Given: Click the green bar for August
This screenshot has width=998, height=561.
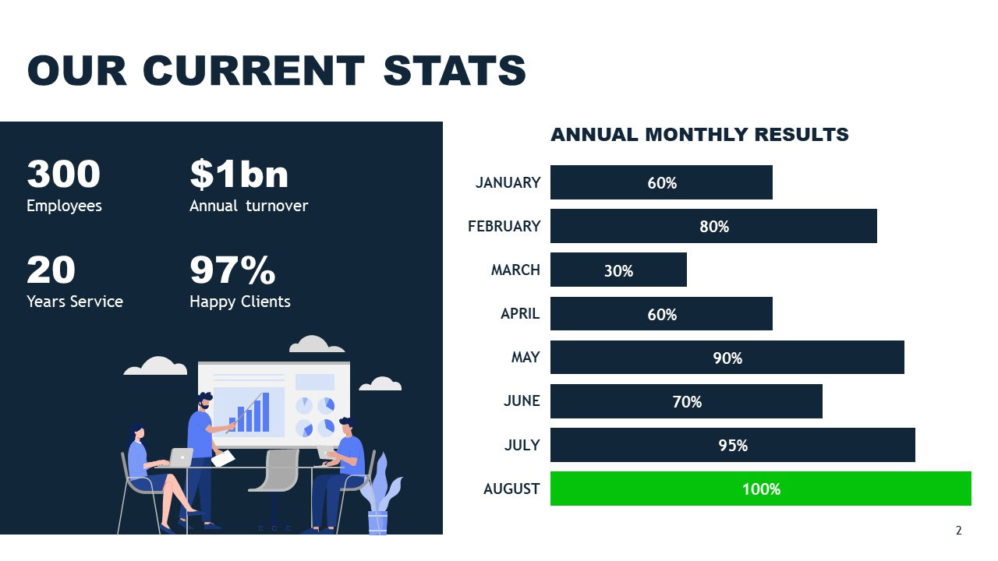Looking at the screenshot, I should [760, 489].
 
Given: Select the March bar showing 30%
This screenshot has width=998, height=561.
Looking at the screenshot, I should [618, 270].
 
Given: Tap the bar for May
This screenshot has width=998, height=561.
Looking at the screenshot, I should [727, 358].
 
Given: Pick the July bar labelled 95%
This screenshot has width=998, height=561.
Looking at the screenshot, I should [732, 445].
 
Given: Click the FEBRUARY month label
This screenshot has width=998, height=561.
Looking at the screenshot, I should [504, 226].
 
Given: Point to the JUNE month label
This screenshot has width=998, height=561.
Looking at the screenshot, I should [522, 400].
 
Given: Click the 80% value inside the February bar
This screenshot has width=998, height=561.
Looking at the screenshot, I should [714, 227].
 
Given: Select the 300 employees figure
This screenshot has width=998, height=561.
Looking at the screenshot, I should [63, 174].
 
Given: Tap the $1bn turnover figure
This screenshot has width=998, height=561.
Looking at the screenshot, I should [239, 174].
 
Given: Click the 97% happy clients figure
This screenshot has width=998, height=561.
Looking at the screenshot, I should [232, 270].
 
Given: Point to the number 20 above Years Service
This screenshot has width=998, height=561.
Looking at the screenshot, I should [51, 270].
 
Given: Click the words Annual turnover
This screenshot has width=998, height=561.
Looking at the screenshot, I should [249, 206].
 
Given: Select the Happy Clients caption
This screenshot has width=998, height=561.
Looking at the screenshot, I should [239, 302].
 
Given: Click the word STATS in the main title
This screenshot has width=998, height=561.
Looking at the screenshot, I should [455, 71].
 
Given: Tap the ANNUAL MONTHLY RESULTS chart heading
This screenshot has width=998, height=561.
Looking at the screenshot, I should [699, 135].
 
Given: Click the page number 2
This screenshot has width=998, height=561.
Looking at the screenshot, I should [959, 531].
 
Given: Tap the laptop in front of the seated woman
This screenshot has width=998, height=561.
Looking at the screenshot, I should [181, 457].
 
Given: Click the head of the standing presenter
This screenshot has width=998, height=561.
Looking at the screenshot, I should [204, 401].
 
